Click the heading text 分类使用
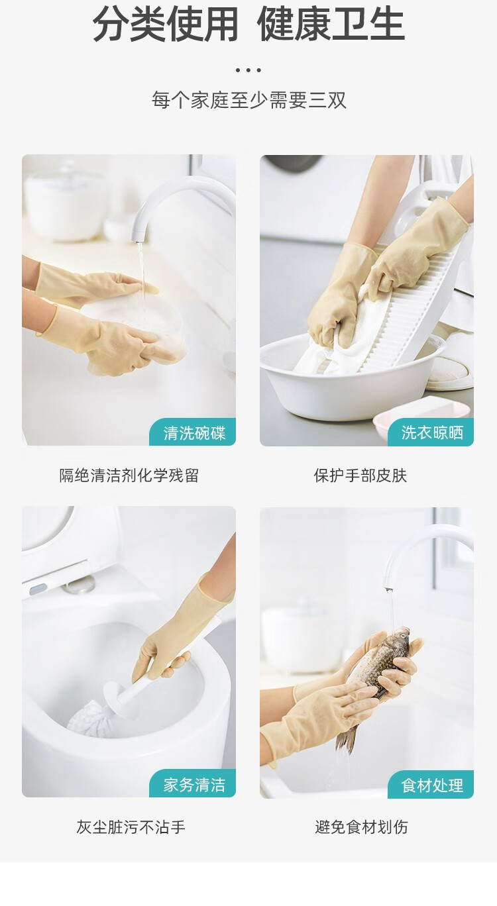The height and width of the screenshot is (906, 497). point(165,25)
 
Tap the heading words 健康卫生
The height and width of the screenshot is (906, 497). point(331,25)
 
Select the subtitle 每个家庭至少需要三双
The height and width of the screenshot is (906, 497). point(249,100)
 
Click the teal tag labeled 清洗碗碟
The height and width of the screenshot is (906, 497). point(193,432)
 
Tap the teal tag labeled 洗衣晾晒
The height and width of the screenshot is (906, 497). point(431,432)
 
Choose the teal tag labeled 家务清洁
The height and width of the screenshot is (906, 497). point(193,784)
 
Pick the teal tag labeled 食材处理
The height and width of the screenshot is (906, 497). point(431,785)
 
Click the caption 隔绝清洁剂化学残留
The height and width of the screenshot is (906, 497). point(129,476)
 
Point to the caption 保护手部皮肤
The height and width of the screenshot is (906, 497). point(360,476)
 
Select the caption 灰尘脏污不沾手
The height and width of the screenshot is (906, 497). point(131,827)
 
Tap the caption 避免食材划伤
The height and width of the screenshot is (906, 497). point(361,827)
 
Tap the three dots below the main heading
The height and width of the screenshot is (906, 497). point(248,70)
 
